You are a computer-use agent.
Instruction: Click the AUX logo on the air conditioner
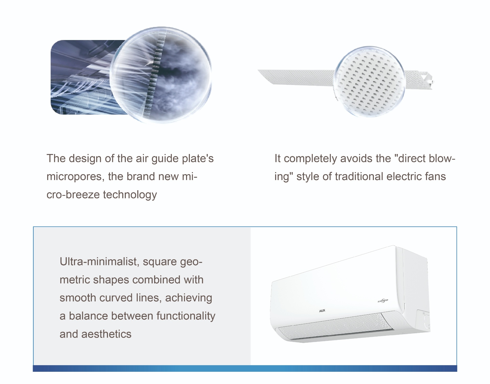(322, 311)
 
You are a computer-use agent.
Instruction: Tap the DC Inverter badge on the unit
(383, 301)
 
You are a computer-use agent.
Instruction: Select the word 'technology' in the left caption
(130, 195)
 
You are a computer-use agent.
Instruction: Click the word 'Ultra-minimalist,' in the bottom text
(100, 262)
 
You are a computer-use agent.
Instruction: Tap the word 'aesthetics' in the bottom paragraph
(106, 334)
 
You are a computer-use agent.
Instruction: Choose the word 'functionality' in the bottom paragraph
(186, 316)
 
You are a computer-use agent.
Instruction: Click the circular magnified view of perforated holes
(369, 82)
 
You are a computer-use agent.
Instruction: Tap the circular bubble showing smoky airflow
(161, 75)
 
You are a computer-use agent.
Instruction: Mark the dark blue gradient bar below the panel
(245, 368)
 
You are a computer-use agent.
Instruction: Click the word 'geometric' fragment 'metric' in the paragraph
(74, 280)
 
